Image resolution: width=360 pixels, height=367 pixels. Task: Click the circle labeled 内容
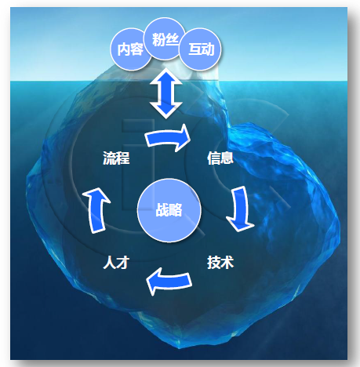tap(130, 49)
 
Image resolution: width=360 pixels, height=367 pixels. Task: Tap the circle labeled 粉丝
tap(165, 39)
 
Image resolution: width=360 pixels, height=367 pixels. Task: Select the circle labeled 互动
tap(201, 49)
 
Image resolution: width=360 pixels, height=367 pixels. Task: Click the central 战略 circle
tap(169, 210)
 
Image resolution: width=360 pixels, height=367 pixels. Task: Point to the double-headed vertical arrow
tap(166, 93)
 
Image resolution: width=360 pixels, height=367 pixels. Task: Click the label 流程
tap(116, 158)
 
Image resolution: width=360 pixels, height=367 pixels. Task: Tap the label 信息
tap(220, 158)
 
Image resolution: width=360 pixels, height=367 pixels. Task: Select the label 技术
tap(220, 262)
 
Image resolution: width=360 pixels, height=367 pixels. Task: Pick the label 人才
tap(116, 262)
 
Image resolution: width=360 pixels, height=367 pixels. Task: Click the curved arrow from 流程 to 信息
tap(167, 138)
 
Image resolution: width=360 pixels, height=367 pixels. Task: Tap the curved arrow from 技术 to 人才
tap(169, 282)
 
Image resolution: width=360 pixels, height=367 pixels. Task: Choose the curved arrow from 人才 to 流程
tap(96, 210)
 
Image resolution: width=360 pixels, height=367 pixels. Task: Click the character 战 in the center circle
tap(162, 210)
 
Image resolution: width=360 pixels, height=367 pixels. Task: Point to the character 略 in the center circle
tap(176, 210)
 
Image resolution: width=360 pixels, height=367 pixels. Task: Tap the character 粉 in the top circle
tap(158, 40)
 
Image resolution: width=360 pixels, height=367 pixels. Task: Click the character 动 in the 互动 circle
tap(208, 49)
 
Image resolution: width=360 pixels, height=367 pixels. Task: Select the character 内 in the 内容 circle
tap(123, 49)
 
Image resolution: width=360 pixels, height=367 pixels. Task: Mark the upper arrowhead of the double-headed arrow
tap(166, 76)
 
